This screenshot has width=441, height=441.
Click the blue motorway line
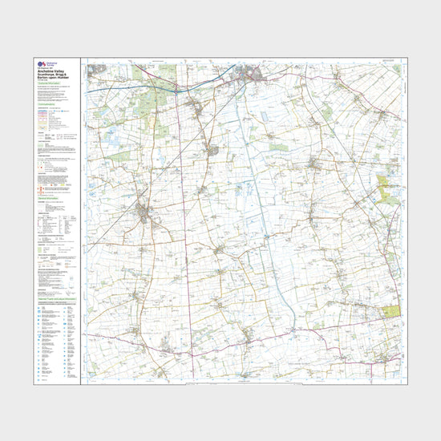point(128,87)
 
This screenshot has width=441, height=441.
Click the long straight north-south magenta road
point(180,241)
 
